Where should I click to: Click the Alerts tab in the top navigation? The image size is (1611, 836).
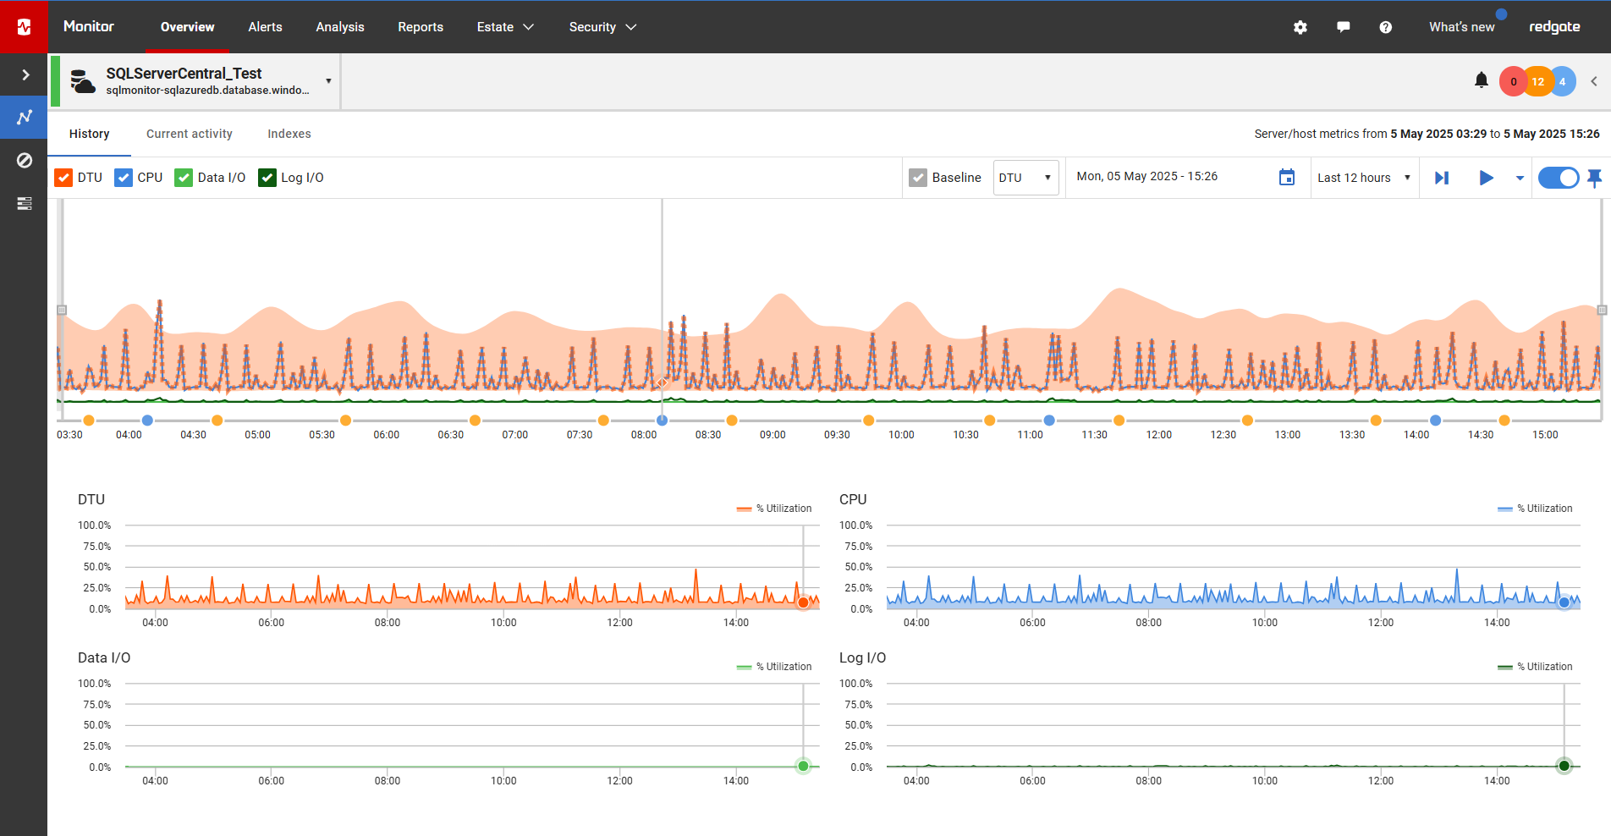(265, 27)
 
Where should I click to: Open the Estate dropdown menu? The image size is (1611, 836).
(505, 27)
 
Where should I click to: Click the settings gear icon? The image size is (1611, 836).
(1300, 27)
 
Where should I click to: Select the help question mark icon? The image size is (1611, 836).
(1385, 27)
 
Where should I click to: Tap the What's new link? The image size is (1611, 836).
(1461, 27)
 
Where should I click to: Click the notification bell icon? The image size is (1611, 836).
(1481, 80)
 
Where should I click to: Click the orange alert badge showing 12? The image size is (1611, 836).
(1537, 81)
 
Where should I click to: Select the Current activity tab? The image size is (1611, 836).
(189, 134)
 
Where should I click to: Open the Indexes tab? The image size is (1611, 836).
(289, 134)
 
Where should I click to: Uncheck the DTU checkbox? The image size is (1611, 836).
(63, 178)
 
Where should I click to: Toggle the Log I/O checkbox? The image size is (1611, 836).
(267, 178)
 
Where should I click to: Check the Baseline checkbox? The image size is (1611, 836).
(918, 178)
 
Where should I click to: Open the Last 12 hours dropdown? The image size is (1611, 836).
(1364, 178)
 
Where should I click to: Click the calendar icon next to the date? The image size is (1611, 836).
(1287, 178)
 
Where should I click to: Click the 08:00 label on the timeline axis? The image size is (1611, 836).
(644, 435)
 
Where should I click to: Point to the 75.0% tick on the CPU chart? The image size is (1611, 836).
(858, 547)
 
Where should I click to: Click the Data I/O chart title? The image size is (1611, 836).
(104, 657)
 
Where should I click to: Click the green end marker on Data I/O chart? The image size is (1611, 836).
(803, 766)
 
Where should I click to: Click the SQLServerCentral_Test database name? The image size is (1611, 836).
(184, 74)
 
